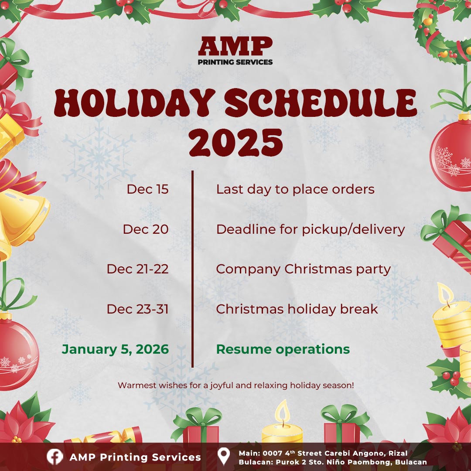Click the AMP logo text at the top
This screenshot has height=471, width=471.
[x=235, y=46]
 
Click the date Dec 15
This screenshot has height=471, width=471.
[x=147, y=189]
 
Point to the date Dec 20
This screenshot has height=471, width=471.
[x=146, y=229]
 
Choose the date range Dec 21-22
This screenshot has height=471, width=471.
[x=137, y=269]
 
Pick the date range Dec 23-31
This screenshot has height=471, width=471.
[x=137, y=309]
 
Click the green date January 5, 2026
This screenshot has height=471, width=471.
[x=115, y=349]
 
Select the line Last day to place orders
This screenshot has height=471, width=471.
[x=295, y=190]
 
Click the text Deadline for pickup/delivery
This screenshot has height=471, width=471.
[x=311, y=230]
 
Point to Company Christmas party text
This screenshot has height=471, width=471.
[x=304, y=270]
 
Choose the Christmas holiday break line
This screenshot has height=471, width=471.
[x=297, y=309]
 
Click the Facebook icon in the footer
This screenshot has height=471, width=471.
[x=55, y=457]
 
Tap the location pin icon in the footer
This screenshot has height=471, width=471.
[x=224, y=456]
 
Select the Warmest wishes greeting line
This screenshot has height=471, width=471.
[x=236, y=386]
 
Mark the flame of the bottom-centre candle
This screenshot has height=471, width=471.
[x=282, y=410]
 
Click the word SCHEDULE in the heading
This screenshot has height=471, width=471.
[x=321, y=103]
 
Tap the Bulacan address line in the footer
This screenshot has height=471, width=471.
[x=332, y=462]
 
